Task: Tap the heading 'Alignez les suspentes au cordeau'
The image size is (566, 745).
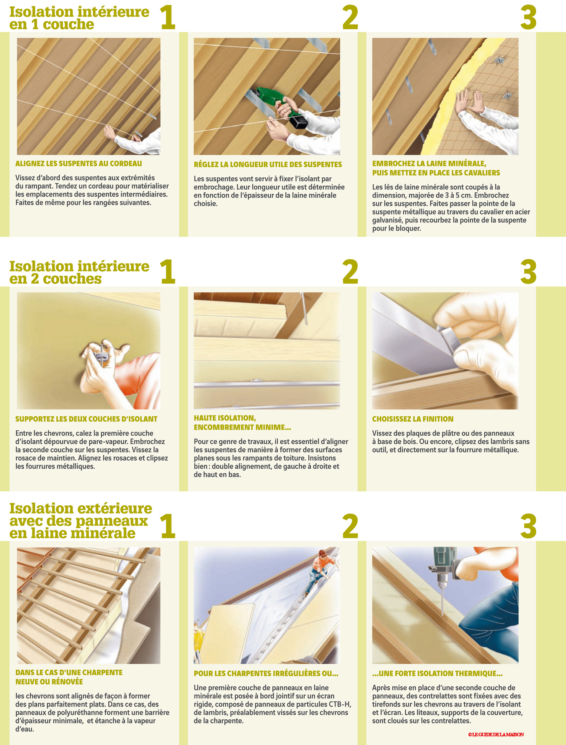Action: (79, 164)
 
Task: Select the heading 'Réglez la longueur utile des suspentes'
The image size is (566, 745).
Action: (268, 164)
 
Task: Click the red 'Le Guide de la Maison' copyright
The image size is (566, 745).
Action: (496, 734)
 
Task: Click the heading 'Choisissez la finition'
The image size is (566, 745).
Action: (413, 419)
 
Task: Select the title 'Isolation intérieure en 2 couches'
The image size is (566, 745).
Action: (79, 272)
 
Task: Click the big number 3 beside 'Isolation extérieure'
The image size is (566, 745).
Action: (528, 526)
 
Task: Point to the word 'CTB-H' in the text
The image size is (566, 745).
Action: (340, 704)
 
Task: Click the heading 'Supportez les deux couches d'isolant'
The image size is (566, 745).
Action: (86, 419)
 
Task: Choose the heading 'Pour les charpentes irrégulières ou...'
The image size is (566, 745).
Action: (266, 673)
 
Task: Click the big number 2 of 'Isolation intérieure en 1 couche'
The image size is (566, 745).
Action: (350, 17)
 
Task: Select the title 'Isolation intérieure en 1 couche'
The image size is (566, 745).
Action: (79, 18)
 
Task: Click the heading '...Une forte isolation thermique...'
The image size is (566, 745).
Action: (438, 673)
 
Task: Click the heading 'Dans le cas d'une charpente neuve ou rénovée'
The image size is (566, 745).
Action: (69, 677)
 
